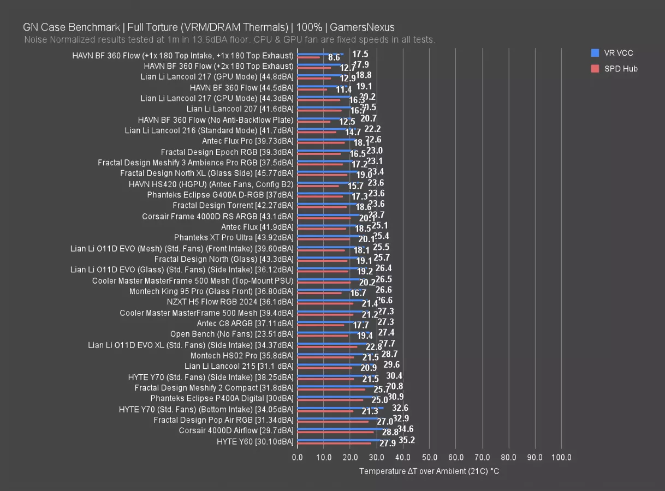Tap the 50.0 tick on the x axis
(x=429, y=457)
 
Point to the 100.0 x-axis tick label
(x=561, y=457)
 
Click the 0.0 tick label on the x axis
(x=298, y=457)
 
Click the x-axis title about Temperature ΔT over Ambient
(x=429, y=471)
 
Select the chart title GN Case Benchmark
(x=209, y=27)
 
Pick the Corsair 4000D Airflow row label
(x=236, y=430)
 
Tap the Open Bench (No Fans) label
(x=231, y=334)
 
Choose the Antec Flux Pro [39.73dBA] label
(x=247, y=141)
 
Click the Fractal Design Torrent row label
(x=233, y=206)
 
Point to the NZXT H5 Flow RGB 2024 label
(x=230, y=302)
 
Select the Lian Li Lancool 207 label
(x=240, y=109)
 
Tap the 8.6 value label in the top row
(x=334, y=57)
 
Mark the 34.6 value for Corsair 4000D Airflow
(x=405, y=429)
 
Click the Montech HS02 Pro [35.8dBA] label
(x=242, y=356)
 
